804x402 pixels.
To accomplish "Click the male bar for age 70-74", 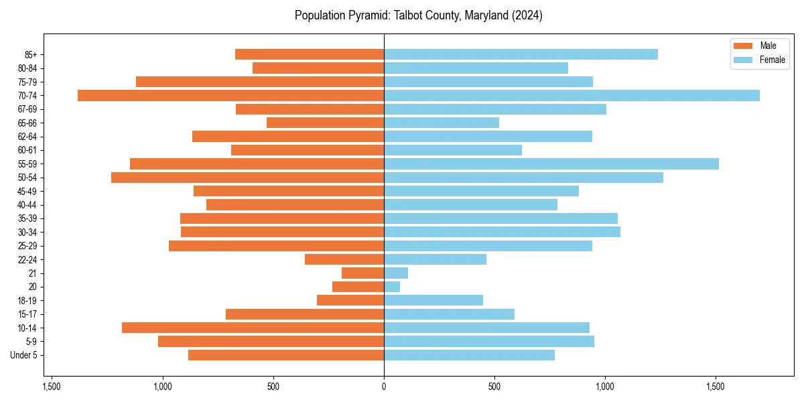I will pyautogui.click(x=230, y=95).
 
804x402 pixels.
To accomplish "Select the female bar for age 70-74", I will pyautogui.click(x=572, y=95).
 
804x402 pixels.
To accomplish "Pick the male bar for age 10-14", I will pyautogui.click(x=253, y=328).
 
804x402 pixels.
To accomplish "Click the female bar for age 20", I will pyautogui.click(x=392, y=287).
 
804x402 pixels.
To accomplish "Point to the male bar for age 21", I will pyautogui.click(x=362, y=273).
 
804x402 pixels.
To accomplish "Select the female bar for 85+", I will pyautogui.click(x=521, y=54).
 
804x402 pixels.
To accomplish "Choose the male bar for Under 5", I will pyautogui.click(x=286, y=355).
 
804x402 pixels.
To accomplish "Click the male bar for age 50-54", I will pyautogui.click(x=247, y=178).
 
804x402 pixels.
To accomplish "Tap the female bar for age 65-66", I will pyautogui.click(x=442, y=123).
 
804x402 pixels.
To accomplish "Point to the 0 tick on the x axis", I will pyautogui.click(x=384, y=387).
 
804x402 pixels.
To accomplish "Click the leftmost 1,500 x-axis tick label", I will pyautogui.click(x=52, y=387).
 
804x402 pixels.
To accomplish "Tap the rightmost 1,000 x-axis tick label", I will pyautogui.click(x=605, y=387).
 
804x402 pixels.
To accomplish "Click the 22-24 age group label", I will pyautogui.click(x=28, y=259).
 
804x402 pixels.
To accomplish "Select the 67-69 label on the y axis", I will pyautogui.click(x=28, y=109).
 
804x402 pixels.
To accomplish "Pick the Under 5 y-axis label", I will pyautogui.click(x=24, y=355).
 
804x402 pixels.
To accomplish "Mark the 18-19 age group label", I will pyautogui.click(x=28, y=300).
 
